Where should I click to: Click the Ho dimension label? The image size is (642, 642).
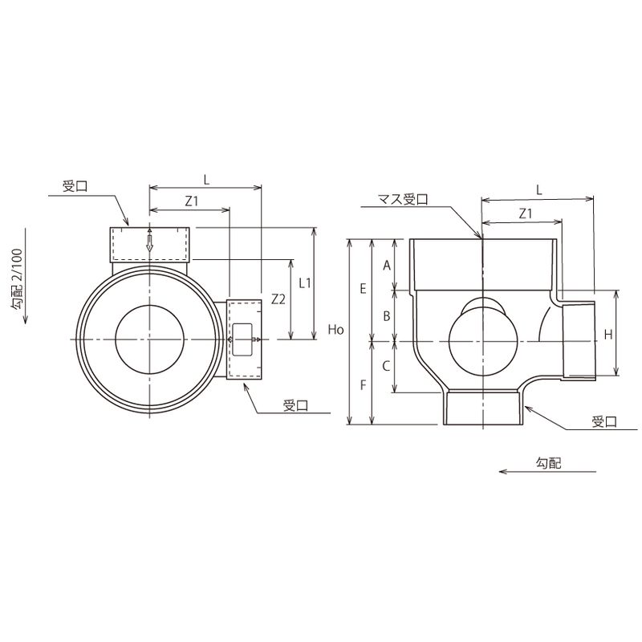(335, 330)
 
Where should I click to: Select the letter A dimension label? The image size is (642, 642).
(387, 266)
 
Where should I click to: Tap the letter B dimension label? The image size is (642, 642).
(387, 316)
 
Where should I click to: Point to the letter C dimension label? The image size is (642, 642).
(386, 366)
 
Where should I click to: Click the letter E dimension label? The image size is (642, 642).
(364, 289)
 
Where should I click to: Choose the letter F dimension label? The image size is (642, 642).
(364, 385)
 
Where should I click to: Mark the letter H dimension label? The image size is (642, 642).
(608, 335)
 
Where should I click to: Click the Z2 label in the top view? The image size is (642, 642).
(278, 299)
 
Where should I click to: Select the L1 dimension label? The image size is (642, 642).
(305, 283)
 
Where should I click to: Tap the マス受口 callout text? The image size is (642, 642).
(403, 199)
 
